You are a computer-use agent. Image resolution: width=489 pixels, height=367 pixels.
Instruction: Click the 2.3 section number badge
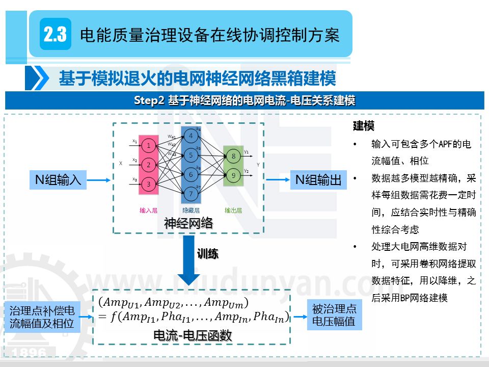pos(55,35)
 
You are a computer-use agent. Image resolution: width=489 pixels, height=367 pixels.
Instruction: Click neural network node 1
pos(148,146)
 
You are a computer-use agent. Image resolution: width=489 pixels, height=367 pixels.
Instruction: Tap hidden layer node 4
pos(191,136)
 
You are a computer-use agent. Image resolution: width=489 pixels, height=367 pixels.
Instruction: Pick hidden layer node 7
pos(191,194)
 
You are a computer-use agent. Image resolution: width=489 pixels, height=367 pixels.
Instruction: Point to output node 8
pos(233,156)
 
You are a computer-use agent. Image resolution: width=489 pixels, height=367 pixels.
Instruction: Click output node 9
pos(233,176)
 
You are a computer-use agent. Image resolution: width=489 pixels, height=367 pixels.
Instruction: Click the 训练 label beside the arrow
pos(207,254)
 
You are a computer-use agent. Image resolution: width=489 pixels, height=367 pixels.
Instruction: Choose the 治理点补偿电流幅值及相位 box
pos(42,317)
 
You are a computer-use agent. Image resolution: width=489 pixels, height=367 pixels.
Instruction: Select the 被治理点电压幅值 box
pos(334,315)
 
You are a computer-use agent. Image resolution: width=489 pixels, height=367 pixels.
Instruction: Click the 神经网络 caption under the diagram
pos(188,223)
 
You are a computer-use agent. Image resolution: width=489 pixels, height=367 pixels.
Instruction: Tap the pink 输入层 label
pos(148,210)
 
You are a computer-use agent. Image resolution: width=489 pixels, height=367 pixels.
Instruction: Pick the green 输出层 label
pos(233,210)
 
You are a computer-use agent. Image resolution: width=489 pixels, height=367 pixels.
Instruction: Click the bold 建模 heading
pos(364,125)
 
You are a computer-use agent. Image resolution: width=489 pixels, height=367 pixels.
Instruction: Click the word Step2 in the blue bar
pos(149,100)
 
